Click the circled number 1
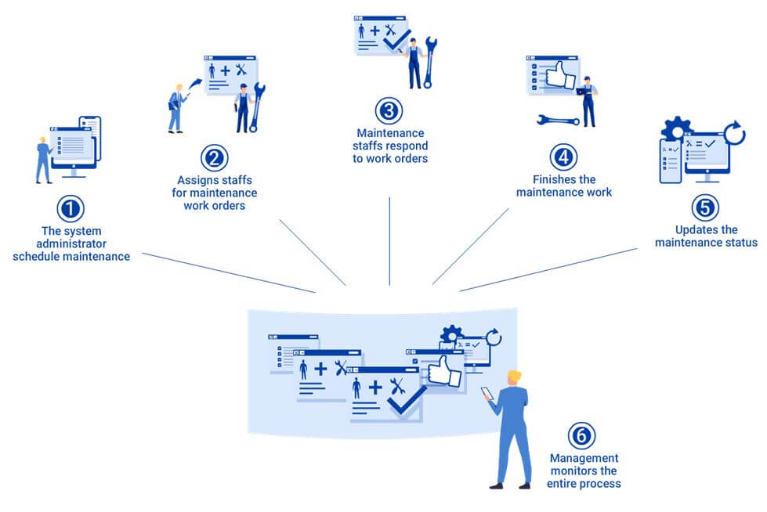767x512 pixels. [x=71, y=209]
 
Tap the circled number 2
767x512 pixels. [x=214, y=158]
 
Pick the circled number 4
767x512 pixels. [x=563, y=157]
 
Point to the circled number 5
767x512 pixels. [x=705, y=207]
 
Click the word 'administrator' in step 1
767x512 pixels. [x=71, y=243]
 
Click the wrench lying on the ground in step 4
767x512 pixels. [x=558, y=121]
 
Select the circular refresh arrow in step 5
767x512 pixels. [x=734, y=133]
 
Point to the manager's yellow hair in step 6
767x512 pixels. [x=514, y=376]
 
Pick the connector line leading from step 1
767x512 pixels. [x=227, y=272]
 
